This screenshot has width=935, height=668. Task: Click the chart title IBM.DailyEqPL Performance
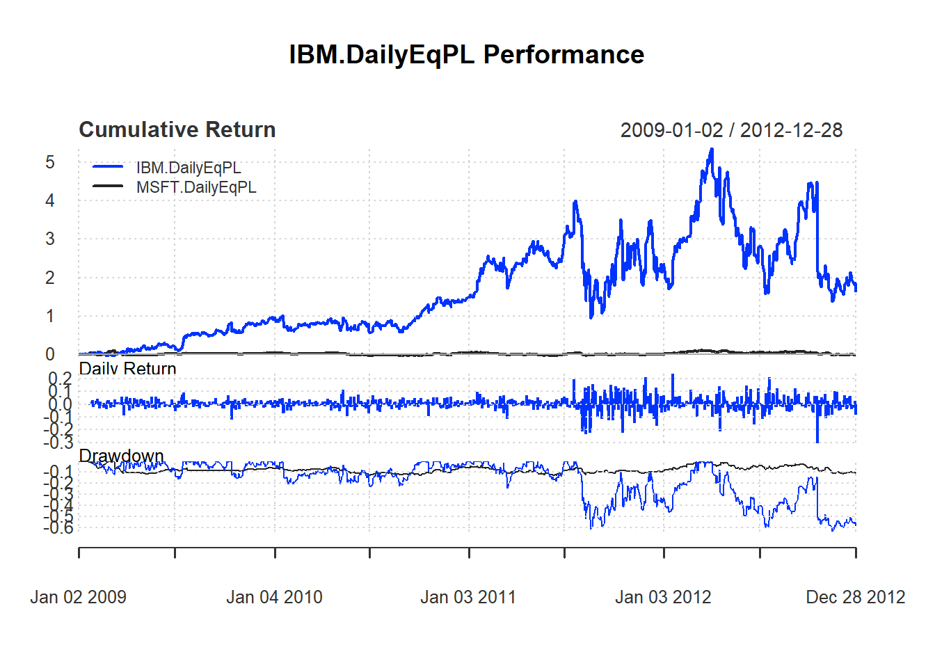(x=466, y=55)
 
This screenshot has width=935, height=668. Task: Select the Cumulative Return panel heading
(x=177, y=130)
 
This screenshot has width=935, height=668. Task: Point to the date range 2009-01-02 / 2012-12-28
(x=731, y=130)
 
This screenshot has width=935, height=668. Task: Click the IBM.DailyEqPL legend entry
(x=189, y=168)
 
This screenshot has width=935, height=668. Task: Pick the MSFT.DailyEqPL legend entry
(x=196, y=187)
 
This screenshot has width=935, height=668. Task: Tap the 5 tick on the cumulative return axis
(x=50, y=163)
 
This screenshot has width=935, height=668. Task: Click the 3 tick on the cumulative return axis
(x=50, y=239)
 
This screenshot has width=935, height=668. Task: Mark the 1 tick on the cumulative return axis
(x=50, y=317)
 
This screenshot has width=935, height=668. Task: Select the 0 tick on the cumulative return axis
(x=50, y=354)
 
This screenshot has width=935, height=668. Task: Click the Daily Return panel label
(x=127, y=369)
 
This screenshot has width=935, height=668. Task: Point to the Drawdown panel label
(x=121, y=456)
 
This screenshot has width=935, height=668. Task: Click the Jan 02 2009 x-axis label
(x=78, y=597)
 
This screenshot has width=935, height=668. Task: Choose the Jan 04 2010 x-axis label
(x=274, y=597)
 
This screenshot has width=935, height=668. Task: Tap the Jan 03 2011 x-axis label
(x=468, y=597)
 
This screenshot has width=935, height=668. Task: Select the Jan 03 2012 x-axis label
(x=663, y=597)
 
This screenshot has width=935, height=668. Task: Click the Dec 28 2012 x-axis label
(x=855, y=597)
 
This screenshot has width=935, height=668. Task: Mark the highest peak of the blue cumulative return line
(x=711, y=149)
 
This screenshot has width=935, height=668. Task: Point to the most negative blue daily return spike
(x=817, y=441)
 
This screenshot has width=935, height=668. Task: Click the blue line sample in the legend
(x=108, y=167)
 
